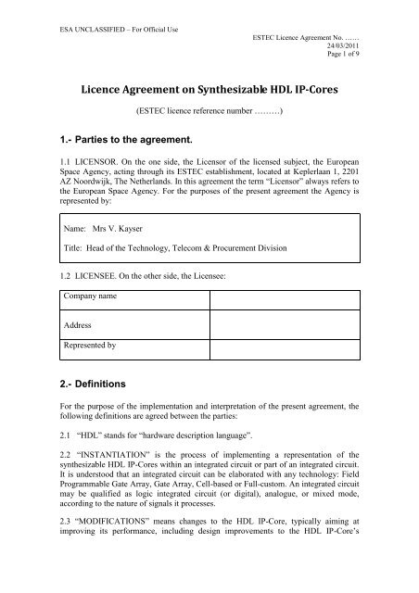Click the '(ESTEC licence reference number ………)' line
pos(209,116)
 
